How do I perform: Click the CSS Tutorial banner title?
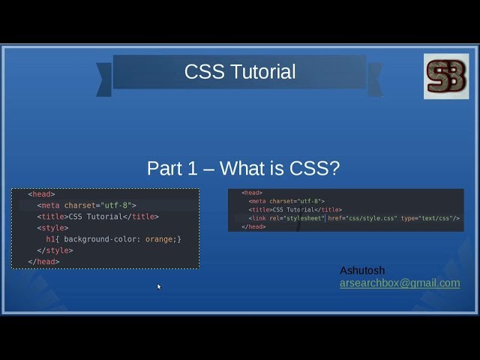coord(240,72)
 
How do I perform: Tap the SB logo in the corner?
coord(446,76)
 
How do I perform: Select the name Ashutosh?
coord(362,270)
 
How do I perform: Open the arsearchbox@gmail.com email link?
coord(400,283)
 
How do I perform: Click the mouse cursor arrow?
coord(159,286)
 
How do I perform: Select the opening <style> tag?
coord(52,228)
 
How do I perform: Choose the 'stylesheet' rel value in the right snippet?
coord(303,218)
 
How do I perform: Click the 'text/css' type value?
coord(436,218)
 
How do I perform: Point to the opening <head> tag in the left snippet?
coord(41,194)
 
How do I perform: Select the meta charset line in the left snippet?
coord(87,205)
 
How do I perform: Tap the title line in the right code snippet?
coord(295,210)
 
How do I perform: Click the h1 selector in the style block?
coord(51,239)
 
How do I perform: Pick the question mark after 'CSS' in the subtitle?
coord(334,169)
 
